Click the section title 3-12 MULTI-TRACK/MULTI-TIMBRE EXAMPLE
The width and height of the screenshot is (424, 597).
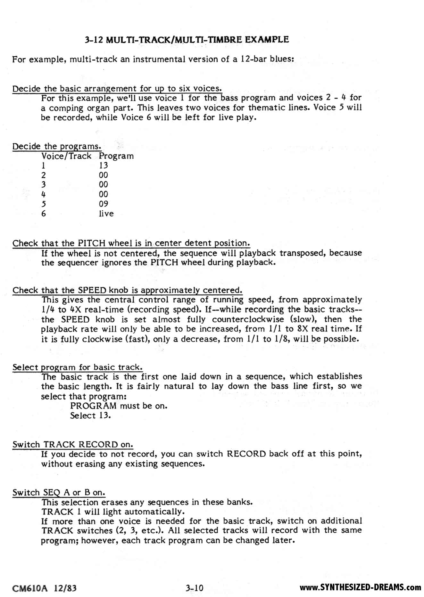coord(187,40)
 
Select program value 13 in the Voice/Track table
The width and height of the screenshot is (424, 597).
coord(103,165)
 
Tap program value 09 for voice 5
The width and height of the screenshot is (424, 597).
coord(103,204)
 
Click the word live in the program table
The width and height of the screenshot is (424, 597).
coord(106,214)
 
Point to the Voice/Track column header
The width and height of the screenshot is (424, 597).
coord(66,156)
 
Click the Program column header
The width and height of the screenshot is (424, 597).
coord(116,156)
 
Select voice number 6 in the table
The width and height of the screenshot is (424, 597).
coord(44,214)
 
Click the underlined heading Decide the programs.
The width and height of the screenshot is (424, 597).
coord(57,146)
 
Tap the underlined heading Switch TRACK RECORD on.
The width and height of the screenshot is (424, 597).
coord(72,444)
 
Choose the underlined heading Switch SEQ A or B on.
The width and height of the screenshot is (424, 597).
coord(59,492)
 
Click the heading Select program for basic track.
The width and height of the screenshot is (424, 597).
coord(77,367)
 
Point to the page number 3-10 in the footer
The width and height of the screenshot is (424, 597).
coord(194,588)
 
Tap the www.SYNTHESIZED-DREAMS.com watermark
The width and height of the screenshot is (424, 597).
coord(360,587)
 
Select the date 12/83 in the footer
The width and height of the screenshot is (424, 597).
coord(65,588)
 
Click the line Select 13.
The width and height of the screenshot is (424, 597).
coord(90,415)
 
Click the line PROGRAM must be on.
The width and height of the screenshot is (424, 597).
coord(119,406)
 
